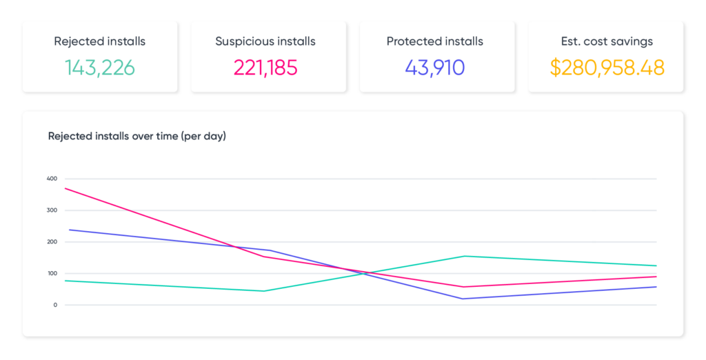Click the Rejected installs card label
(100, 41)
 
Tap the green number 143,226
(100, 68)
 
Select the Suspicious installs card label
(265, 41)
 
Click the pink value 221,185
(265, 68)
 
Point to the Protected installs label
(435, 41)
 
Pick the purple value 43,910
(435, 68)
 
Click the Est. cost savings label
(607, 41)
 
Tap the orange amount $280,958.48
(607, 68)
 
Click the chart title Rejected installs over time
(137, 136)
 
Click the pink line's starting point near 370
(65, 188)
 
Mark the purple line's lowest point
(463, 299)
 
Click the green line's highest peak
(463, 256)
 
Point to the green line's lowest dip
(264, 291)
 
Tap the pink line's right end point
(656, 277)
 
